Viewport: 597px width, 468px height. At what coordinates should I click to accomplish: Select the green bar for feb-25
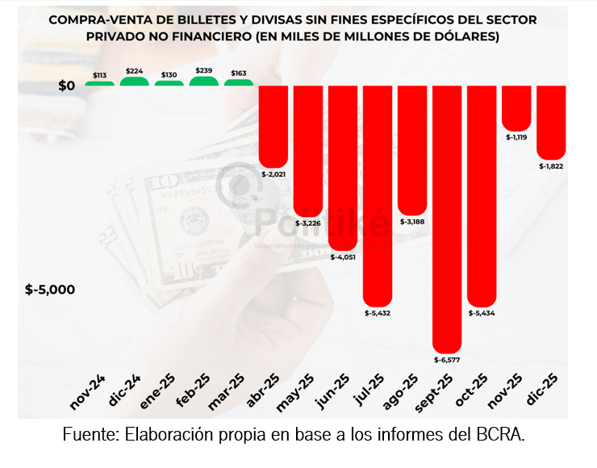coord(204,81)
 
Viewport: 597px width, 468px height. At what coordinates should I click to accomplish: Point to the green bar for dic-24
coord(135,81)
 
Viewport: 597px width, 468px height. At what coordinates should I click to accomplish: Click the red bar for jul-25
coord(378,194)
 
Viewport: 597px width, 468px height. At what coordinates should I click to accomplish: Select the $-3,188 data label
coord(413,221)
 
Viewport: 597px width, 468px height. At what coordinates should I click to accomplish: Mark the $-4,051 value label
coord(344,257)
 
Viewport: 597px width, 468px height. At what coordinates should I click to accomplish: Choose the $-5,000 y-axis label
coord(50,289)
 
